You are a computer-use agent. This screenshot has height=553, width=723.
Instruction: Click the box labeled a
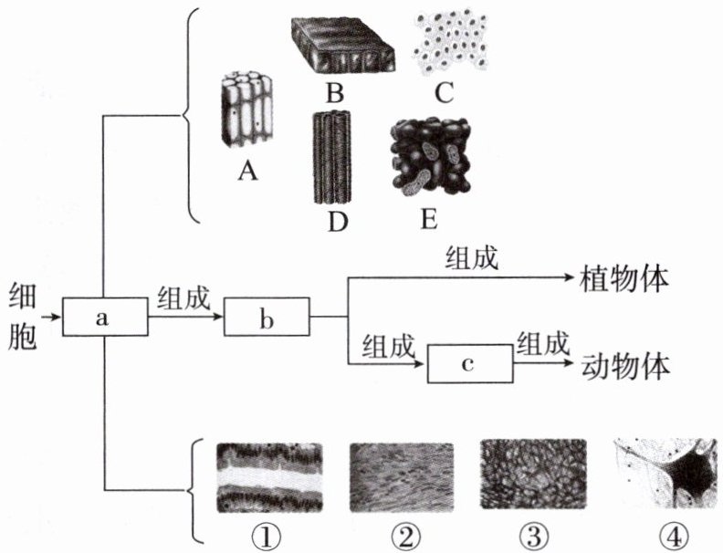pyautogui.click(x=104, y=318)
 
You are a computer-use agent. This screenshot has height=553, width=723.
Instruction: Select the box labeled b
pyautogui.click(x=267, y=318)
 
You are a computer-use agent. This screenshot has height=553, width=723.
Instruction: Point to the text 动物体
pyautogui.click(x=625, y=365)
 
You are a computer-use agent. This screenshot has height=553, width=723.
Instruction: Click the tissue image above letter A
pyautogui.click(x=246, y=110)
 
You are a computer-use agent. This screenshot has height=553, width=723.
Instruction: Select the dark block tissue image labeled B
pyautogui.click(x=342, y=46)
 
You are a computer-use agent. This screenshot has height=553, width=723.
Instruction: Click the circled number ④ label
pyautogui.click(x=665, y=533)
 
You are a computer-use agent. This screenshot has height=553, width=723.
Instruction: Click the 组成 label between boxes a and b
pyautogui.click(x=184, y=297)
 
